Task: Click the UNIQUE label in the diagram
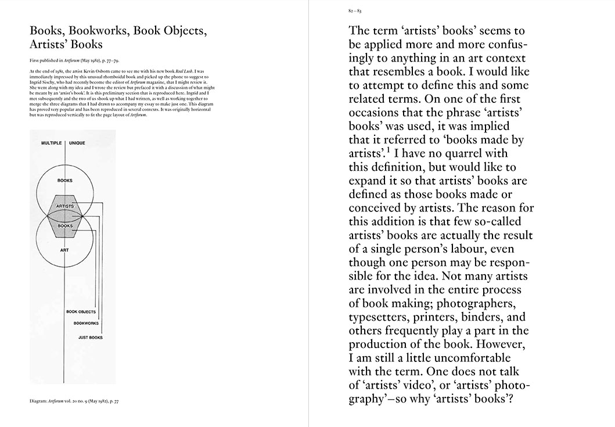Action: coord(81,142)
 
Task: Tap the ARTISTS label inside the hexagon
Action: coord(65,206)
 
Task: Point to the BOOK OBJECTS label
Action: coord(81,312)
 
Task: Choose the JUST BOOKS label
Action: coord(91,337)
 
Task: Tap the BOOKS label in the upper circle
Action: coord(65,181)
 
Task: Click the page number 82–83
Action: coord(353,11)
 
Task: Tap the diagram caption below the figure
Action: coord(75,401)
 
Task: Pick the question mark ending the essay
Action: coord(513,399)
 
